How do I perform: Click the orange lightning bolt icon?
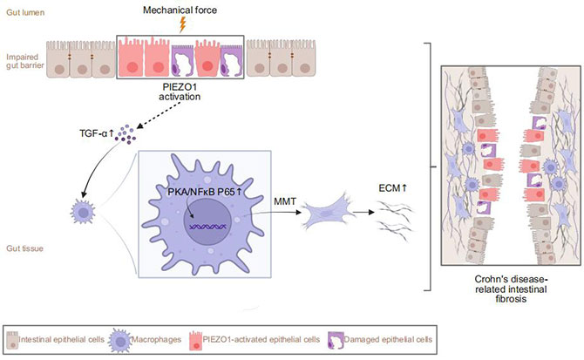pos(182,25)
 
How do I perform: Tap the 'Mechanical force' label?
pos(180,10)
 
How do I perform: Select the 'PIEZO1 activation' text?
pos(180,92)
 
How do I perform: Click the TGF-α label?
pos(96,132)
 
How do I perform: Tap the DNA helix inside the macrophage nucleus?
pos(207,226)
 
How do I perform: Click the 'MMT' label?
pos(285,201)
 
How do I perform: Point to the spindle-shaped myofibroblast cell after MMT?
pos(327,214)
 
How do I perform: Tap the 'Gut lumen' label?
pos(25,13)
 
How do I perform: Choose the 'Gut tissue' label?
pos(24,248)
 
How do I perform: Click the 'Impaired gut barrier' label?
pos(25,61)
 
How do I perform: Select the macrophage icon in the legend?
pos(119,340)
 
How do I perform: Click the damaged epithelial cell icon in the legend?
pos(336,340)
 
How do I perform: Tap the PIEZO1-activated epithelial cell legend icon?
pos(195,340)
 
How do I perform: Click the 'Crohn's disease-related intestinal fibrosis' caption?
pos(511,289)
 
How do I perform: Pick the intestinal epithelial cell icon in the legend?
pos(13,340)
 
